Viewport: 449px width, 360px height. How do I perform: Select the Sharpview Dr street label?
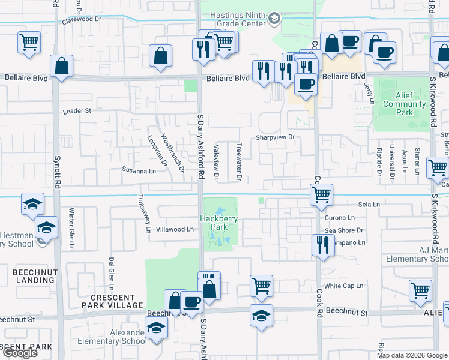coord(276,137)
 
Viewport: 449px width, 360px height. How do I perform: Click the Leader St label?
coord(77,111)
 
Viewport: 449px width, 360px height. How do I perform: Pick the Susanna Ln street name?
coord(139,171)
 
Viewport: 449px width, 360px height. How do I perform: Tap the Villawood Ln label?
coord(174,229)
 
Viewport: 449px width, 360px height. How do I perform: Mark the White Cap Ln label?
coord(343,286)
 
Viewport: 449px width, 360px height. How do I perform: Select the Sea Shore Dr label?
coord(344,230)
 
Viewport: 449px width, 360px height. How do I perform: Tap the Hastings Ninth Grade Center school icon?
coord(274,19)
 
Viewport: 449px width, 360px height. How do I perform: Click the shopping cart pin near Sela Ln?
coord(322,194)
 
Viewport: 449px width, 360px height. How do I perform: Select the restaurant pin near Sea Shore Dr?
coord(323,245)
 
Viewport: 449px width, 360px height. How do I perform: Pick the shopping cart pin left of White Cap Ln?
coord(261,286)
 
